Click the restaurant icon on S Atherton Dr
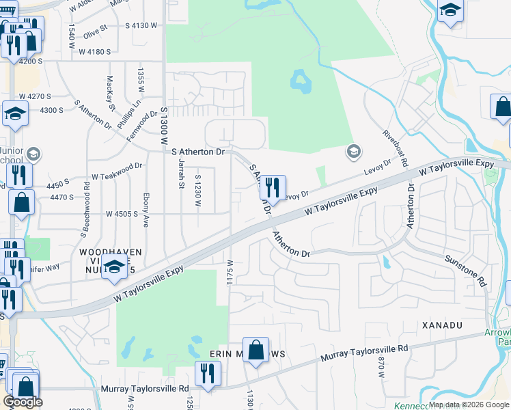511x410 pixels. [273, 187]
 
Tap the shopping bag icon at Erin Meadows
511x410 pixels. [255, 350]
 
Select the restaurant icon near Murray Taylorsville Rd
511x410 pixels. [206, 373]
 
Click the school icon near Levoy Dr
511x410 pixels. [353, 151]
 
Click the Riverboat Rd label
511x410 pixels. [396, 148]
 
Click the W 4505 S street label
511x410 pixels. [122, 214]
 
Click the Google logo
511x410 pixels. [23, 402]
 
